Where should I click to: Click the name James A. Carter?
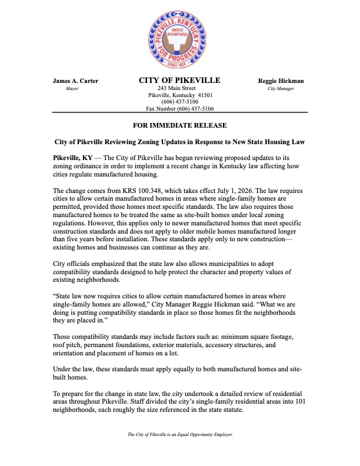click(x=76, y=81)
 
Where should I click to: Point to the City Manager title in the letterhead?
click(x=281, y=88)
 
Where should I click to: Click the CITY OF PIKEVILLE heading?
click(x=179, y=80)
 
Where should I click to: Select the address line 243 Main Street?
click(x=179, y=88)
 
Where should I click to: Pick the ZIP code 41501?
click(x=205, y=95)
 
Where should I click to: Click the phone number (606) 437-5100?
click(x=179, y=102)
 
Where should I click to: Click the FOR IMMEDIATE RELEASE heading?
click(x=179, y=126)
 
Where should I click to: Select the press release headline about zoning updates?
click(x=179, y=142)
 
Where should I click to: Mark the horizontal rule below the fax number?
click(x=179, y=112)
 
